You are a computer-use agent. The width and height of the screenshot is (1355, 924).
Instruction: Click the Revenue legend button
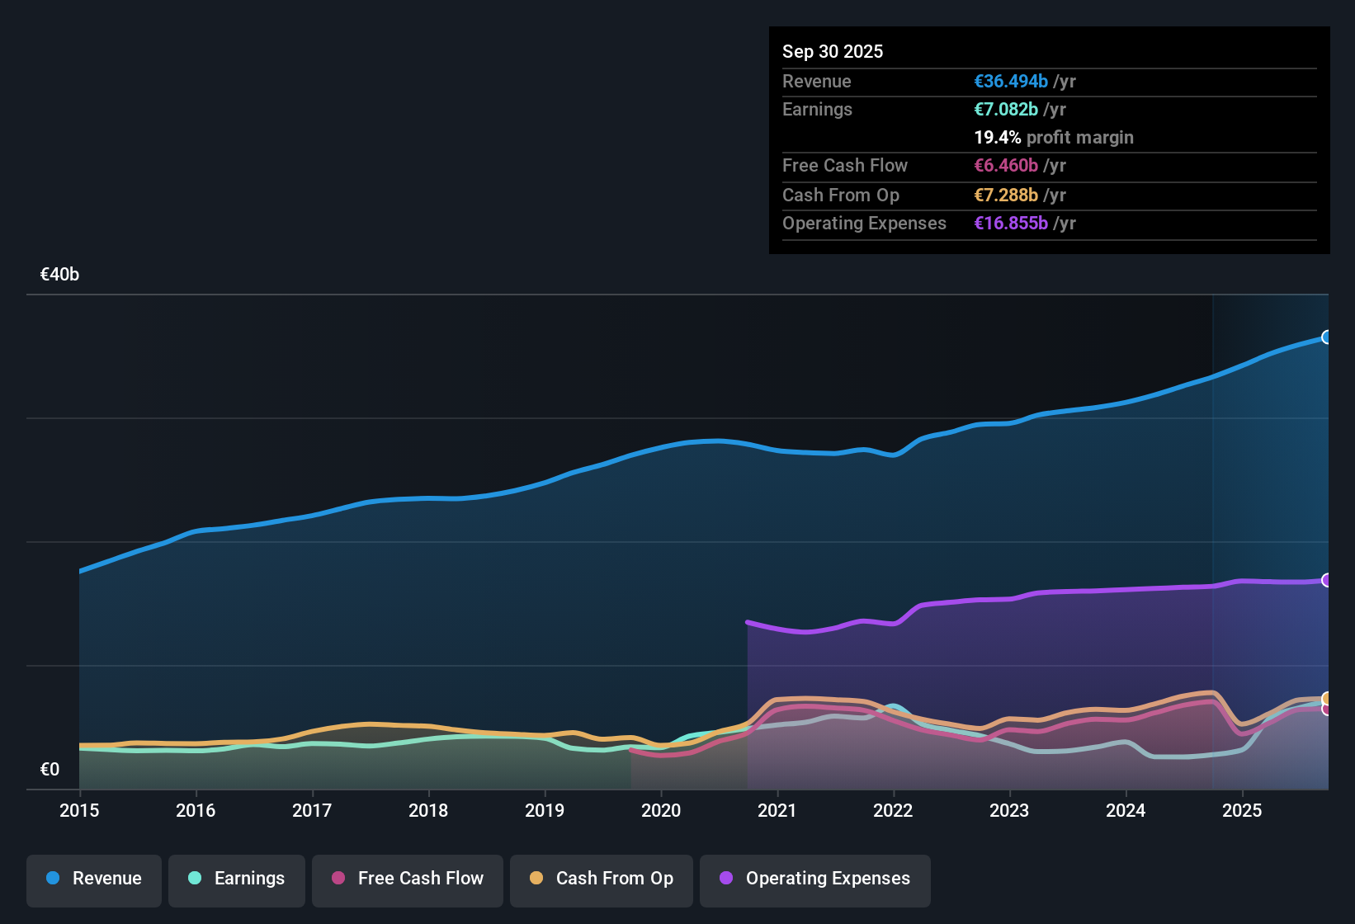pyautogui.click(x=94, y=879)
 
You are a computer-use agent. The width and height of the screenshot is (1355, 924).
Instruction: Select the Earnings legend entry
pyautogui.click(x=237, y=879)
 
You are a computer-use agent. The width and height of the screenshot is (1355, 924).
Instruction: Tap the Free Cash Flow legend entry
pyautogui.click(x=408, y=879)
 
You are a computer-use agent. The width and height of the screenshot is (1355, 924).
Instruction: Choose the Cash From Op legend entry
pyautogui.click(x=602, y=879)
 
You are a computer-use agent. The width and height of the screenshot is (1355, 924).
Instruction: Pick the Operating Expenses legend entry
pyautogui.click(x=815, y=879)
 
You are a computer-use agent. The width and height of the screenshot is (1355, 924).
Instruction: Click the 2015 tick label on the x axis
pyautogui.click(x=79, y=810)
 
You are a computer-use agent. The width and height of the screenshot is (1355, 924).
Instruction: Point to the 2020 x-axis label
pyautogui.click(x=661, y=810)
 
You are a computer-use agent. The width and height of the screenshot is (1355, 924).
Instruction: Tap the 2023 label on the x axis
pyautogui.click(x=1009, y=810)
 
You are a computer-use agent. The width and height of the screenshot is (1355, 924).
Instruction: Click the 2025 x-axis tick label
pyautogui.click(x=1242, y=810)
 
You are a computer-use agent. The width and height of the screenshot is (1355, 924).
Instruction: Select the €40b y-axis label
pyautogui.click(x=59, y=275)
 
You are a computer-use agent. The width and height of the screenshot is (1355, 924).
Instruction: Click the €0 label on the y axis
pyautogui.click(x=50, y=770)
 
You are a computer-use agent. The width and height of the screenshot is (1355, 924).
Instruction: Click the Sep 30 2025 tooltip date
pyautogui.click(x=833, y=51)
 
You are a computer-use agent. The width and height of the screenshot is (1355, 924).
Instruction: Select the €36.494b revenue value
pyautogui.click(x=1011, y=81)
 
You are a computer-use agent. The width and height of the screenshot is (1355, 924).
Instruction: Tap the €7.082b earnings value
pyautogui.click(x=1006, y=110)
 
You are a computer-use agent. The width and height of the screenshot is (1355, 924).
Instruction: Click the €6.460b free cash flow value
pyautogui.click(x=1006, y=166)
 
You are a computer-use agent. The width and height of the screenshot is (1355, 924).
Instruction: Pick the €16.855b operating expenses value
pyautogui.click(x=1011, y=224)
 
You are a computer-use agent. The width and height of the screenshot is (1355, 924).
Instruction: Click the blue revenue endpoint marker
pyautogui.click(x=1327, y=337)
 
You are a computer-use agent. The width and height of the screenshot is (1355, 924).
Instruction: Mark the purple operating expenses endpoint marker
pyautogui.click(x=1327, y=580)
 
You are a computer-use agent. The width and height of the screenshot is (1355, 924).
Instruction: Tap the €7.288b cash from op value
pyautogui.click(x=1006, y=196)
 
